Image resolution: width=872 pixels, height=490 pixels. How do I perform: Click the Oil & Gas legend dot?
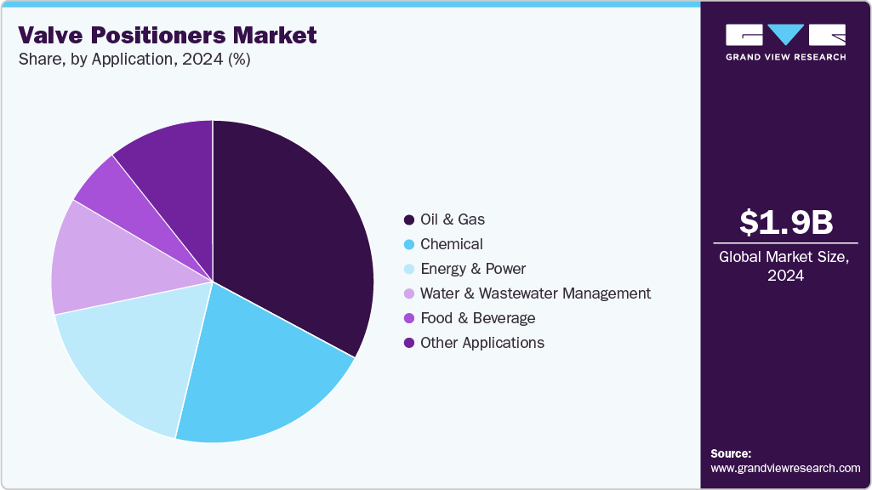[409, 219]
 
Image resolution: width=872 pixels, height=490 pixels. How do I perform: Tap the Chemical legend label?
[451, 244]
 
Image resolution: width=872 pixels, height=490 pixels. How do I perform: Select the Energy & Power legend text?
[473, 269]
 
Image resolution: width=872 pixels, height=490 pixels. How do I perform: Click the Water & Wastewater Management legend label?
[535, 293]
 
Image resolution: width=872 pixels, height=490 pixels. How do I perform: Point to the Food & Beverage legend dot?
[409, 318]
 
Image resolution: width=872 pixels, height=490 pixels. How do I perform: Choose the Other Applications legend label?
[482, 343]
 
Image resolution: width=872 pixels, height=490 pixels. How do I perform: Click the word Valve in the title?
[53, 35]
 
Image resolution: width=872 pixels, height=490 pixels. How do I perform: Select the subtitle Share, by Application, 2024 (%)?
[134, 60]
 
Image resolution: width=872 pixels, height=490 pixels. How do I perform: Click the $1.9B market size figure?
[785, 222]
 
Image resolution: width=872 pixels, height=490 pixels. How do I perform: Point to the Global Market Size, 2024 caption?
[784, 265]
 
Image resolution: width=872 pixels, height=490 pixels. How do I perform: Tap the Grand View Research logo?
[785, 42]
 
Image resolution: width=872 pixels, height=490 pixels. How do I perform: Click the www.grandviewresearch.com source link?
[785, 468]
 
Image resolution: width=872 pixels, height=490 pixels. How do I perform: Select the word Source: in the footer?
[731, 453]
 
